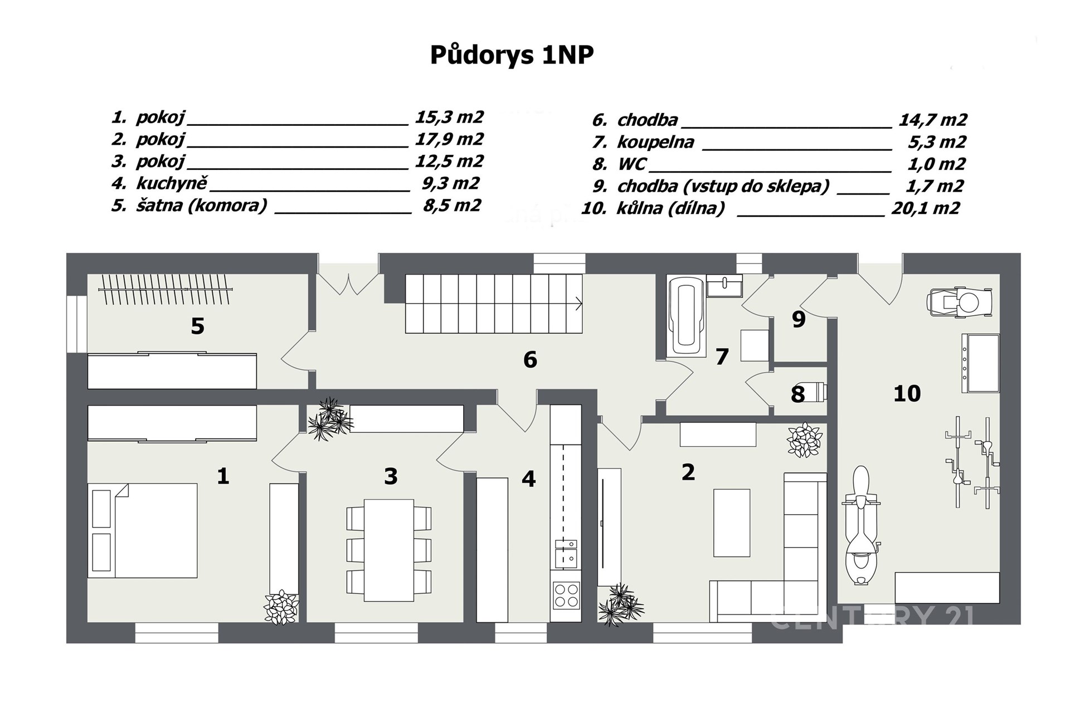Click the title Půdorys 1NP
[512, 56]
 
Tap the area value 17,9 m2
[449, 139]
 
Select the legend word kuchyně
[172, 183]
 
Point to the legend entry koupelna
[655, 142]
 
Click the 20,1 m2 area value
[926, 208]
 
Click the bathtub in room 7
[685, 316]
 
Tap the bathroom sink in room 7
[724, 286]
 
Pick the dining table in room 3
[389, 550]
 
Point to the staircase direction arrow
[578, 304]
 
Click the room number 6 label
[530, 360]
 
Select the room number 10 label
[907, 394]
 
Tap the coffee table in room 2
[732, 522]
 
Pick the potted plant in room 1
[281, 607]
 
